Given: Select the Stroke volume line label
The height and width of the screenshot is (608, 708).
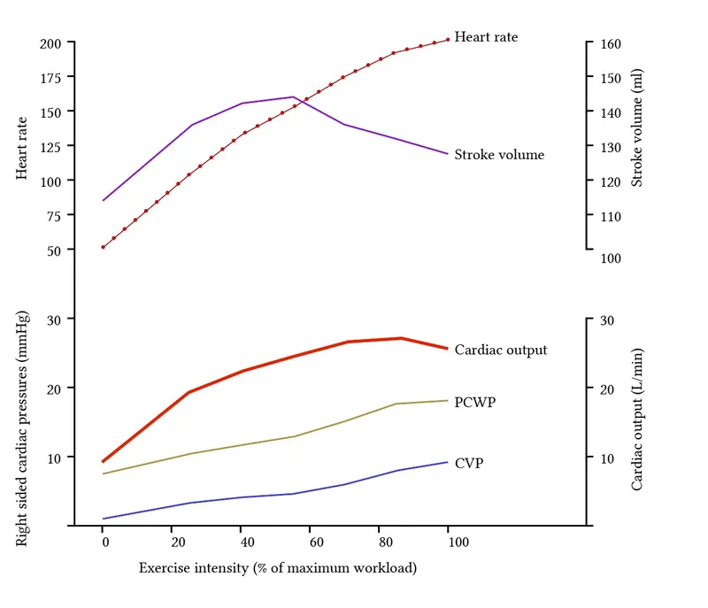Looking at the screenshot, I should coord(499,155).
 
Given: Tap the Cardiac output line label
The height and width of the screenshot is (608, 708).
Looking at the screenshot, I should coord(501,350).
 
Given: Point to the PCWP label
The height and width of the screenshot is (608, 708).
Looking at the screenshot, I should coord(474,402).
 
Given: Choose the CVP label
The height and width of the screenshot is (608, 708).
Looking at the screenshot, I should coord(469,462).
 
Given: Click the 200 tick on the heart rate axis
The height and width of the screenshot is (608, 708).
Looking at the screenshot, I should coord(50,43).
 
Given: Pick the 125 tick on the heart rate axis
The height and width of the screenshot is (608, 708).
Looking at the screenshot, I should coord(50,112).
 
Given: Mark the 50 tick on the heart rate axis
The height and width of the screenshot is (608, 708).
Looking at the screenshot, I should coord(53,250).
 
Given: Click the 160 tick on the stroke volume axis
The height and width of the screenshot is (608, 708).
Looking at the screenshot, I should coord(612,43).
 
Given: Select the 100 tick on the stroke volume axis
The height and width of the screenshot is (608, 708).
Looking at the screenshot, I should coord(612,258).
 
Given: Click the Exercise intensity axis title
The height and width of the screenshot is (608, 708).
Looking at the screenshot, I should coord(277,567).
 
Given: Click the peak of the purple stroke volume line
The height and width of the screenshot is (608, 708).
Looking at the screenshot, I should coord(293,96).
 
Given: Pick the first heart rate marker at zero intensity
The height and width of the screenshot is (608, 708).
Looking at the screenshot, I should coord(104,247).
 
